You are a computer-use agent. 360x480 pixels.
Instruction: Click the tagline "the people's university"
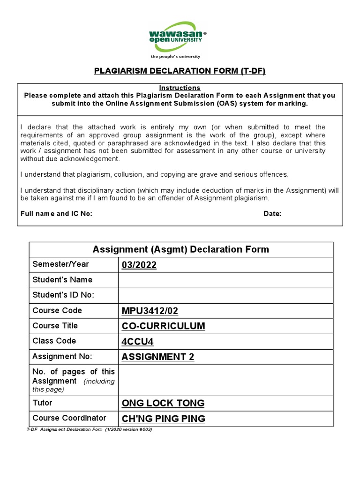[x=175, y=56]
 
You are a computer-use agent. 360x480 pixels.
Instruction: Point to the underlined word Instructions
[x=180, y=88]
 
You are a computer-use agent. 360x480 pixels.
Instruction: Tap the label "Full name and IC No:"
[x=56, y=214]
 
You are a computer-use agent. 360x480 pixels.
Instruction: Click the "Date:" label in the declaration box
[x=272, y=214]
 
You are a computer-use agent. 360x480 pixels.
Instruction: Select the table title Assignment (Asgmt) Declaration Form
[x=181, y=249]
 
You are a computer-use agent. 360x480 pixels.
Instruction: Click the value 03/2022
[x=139, y=265]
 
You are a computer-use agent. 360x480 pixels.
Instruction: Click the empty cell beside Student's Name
[x=225, y=280]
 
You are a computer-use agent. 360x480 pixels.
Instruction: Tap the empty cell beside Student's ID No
[x=225, y=295]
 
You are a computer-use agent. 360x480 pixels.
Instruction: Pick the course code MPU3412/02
[x=150, y=311]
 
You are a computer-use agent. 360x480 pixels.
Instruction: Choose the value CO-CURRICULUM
[x=163, y=326]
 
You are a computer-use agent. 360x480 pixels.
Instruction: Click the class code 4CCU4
[x=137, y=341]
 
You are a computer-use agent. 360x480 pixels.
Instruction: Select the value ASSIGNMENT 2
[x=157, y=357]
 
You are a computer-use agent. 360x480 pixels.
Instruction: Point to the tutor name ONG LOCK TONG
[x=163, y=403]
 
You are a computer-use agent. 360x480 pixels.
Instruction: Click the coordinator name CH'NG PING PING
[x=163, y=418]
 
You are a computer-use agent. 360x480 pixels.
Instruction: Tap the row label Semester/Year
[x=60, y=264]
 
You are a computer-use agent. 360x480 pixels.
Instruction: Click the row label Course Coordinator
[x=69, y=418]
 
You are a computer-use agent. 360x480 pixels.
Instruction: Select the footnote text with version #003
[x=89, y=430]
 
